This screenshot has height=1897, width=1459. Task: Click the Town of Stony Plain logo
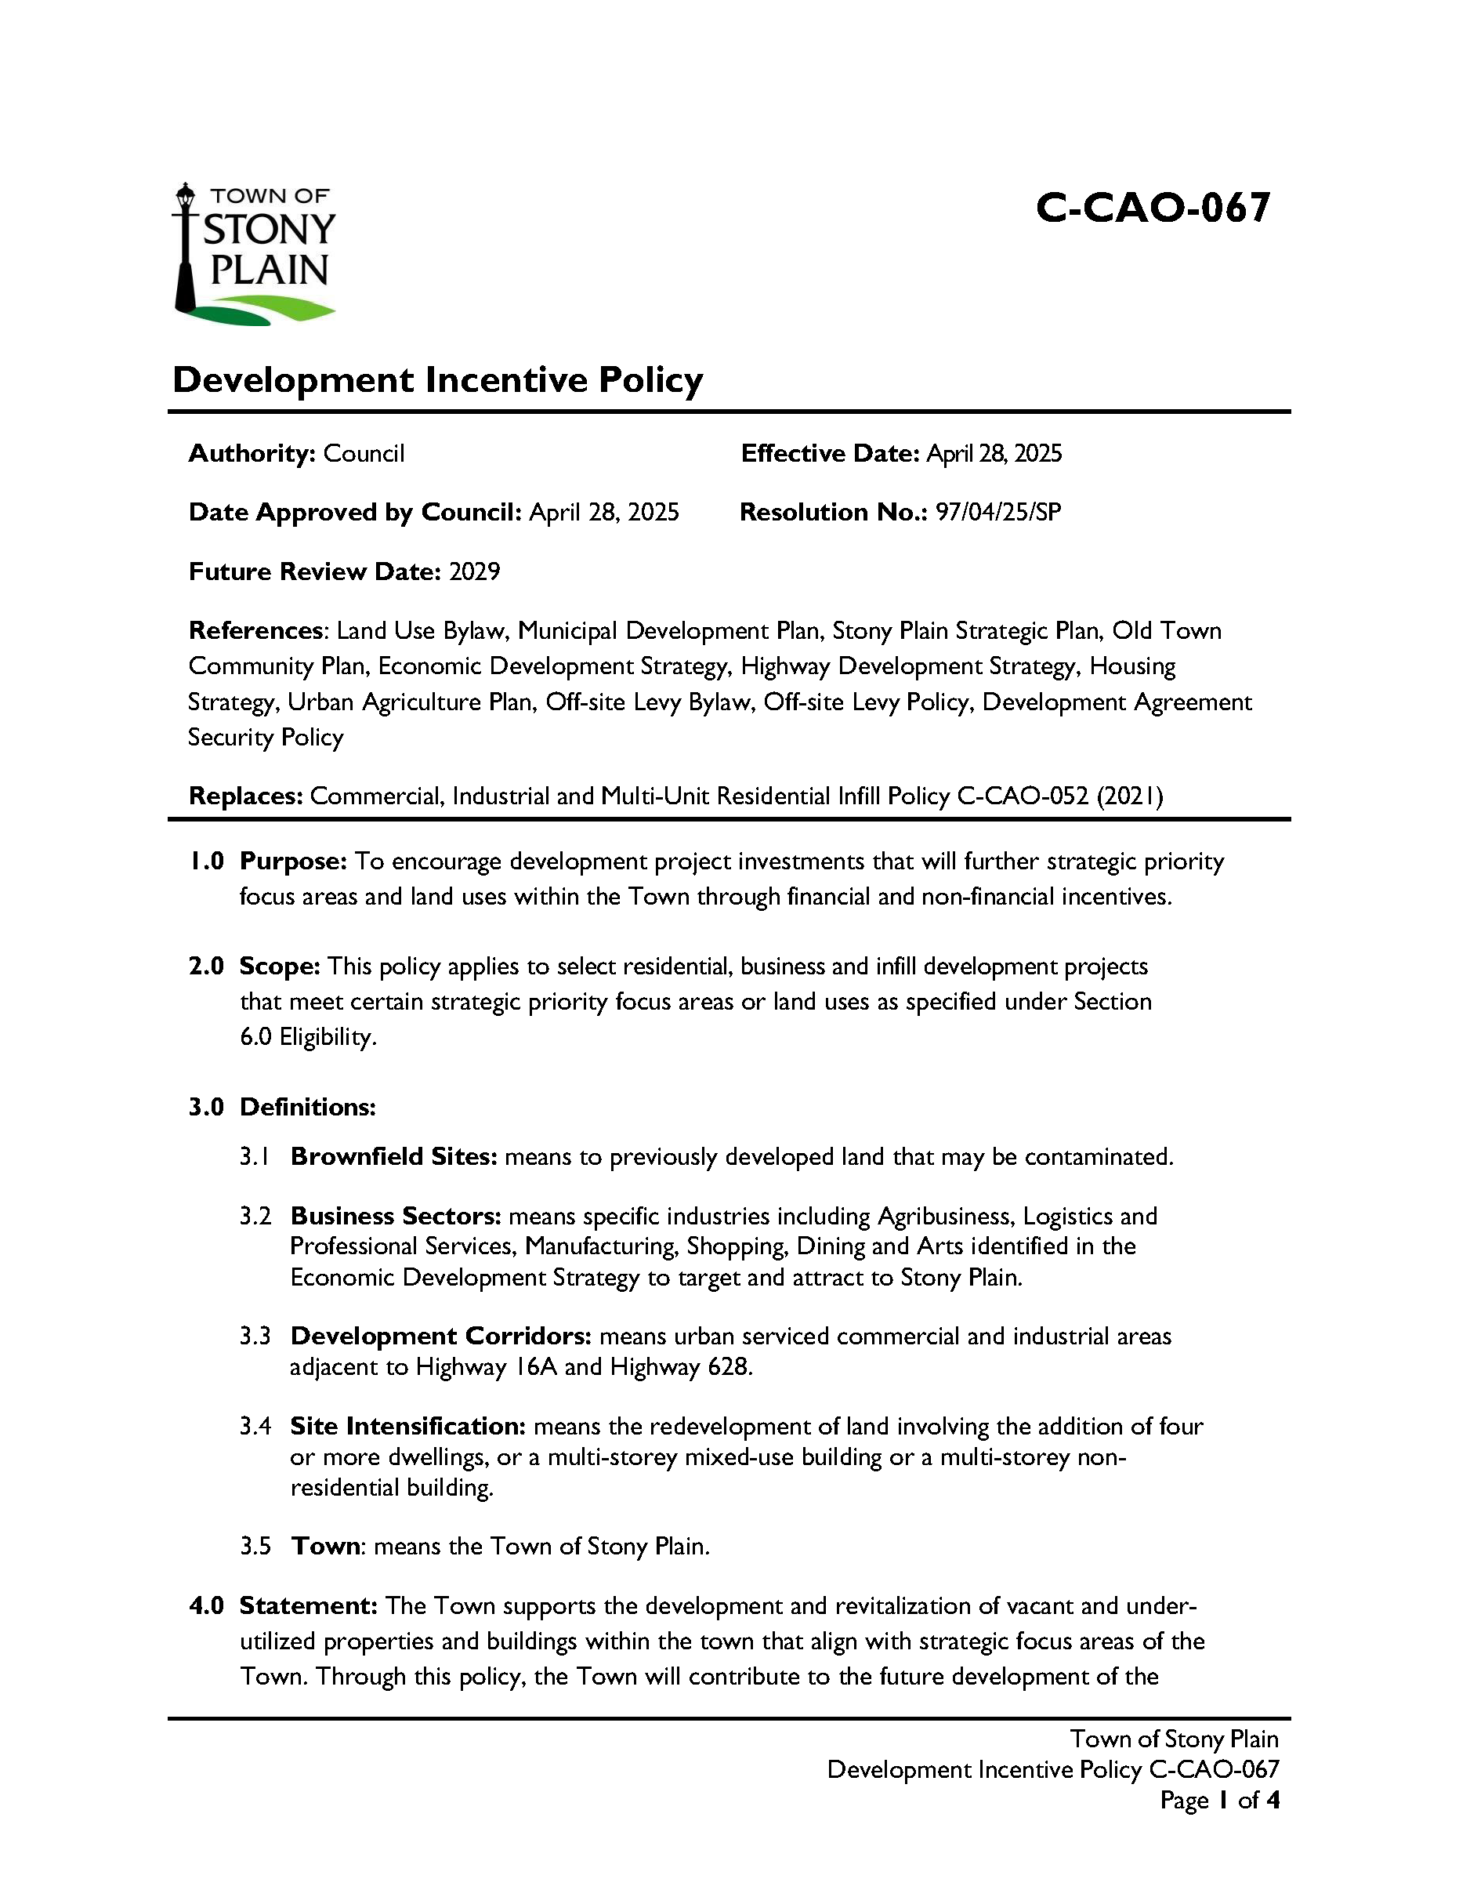coord(255,254)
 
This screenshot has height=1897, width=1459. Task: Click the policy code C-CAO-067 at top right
coord(1153,209)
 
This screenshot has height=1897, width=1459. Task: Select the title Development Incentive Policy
coord(438,380)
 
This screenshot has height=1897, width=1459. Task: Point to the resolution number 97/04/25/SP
coord(997,513)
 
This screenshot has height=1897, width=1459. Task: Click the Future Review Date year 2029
coord(474,571)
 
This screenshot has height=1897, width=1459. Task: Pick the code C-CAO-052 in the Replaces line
coord(1023,796)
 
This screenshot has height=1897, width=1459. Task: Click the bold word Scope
coord(280,967)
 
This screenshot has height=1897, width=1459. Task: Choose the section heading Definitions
coord(307,1108)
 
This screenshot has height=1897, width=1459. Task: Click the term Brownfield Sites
coord(393,1157)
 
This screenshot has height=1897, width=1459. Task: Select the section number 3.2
coord(255,1216)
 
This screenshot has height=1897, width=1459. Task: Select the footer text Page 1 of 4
coord(1219,1801)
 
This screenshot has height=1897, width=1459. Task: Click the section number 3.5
coord(255,1546)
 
